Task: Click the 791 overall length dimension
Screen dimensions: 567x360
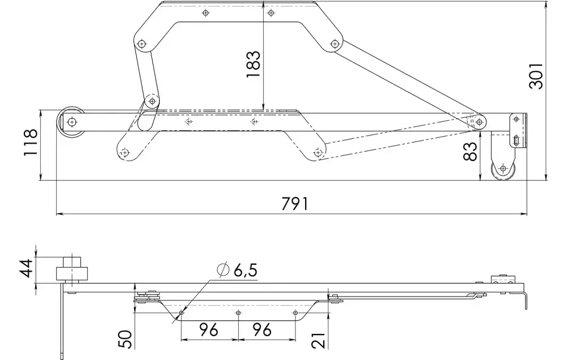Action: coord(295,204)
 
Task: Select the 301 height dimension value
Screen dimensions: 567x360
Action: coord(536,76)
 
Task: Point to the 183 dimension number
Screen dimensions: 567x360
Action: coord(253,64)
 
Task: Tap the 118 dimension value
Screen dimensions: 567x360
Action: coord(31,142)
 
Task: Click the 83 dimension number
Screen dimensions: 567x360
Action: coord(469,151)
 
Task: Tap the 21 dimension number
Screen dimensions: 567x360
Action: coord(319,340)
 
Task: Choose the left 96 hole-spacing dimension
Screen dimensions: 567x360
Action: coord(209,329)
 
